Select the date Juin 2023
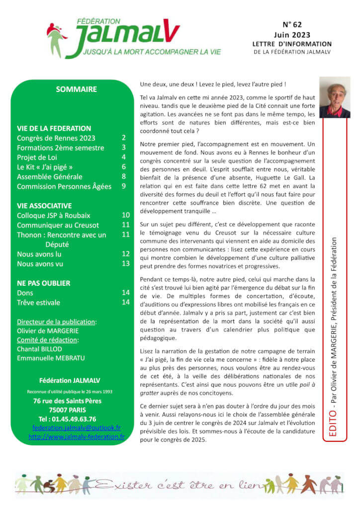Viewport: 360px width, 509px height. click(292, 35)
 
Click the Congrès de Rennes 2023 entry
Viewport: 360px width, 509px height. click(56, 138)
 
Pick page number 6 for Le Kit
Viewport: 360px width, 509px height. click(124, 167)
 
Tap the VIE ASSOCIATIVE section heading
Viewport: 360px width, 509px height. click(44, 205)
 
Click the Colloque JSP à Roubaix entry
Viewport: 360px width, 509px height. click(54, 215)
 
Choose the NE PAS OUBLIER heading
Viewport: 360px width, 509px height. click(44, 283)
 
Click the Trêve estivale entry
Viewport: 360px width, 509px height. click(38, 302)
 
